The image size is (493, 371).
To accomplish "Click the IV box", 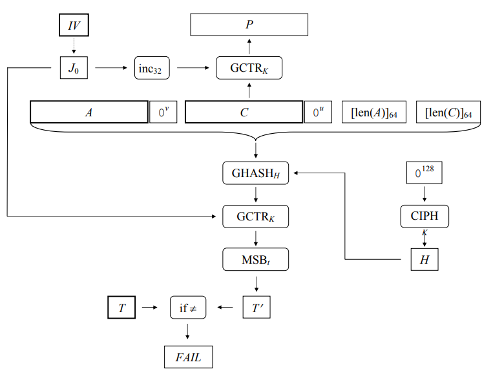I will click(74, 25).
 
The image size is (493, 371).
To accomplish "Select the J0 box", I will click(74, 67).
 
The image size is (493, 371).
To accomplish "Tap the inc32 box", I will click(152, 67).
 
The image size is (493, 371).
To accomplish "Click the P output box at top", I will click(249, 25).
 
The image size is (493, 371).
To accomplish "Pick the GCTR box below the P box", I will click(249, 67).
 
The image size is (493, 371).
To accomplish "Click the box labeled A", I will click(89, 112).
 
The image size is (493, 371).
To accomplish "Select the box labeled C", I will click(244, 112).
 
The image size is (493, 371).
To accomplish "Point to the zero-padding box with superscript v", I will click(163, 112).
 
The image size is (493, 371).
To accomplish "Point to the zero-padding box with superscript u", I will click(318, 112).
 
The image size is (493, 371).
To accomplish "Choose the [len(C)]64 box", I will click(449, 112).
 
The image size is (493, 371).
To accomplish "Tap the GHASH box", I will click(255, 173).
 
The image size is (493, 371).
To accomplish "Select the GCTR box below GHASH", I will click(255, 216).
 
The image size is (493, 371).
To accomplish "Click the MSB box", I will click(255, 259).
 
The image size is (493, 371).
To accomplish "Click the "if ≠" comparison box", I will click(187, 308).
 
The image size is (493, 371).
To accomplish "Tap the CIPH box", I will click(424, 216).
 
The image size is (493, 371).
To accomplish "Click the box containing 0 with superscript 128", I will click(424, 173).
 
